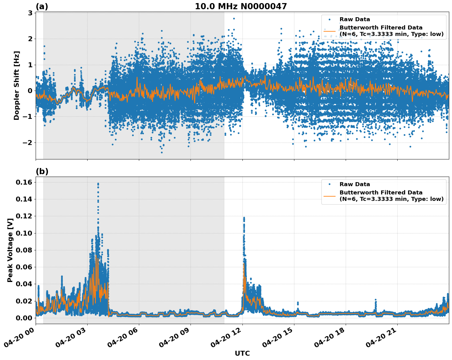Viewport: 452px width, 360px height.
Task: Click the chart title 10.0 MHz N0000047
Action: tap(241, 6)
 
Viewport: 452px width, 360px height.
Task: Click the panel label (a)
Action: tap(42, 6)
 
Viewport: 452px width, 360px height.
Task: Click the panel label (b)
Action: tap(42, 171)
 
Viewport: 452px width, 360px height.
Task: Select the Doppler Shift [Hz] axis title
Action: tap(17, 85)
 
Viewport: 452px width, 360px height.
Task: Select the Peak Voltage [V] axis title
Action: tap(10, 250)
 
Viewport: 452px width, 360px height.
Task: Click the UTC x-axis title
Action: tap(242, 353)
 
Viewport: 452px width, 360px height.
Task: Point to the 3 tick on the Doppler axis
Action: tap(30, 13)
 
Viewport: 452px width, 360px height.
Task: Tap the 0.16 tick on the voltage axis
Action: tap(24, 182)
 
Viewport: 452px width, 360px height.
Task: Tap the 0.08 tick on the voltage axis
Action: tap(24, 250)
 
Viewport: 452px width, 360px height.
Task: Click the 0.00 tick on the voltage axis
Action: tap(24, 318)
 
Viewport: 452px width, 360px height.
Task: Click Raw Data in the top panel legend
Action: tap(355, 19)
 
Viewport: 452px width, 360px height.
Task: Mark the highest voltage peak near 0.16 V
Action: tap(98, 184)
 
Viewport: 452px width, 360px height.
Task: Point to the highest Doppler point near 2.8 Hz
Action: tap(234, 18)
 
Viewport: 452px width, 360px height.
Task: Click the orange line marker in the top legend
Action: tap(329, 31)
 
